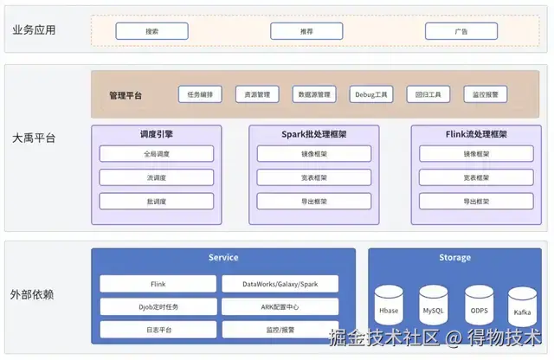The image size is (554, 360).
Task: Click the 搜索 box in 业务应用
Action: [151, 31]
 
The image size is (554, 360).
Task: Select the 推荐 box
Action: [306, 31]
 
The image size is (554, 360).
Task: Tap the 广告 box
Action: [461, 31]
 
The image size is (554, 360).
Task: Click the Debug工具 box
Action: [371, 94]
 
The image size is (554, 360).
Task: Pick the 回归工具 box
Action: [428, 94]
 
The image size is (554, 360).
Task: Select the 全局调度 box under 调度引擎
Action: [156, 154]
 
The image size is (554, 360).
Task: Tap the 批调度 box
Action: [156, 201]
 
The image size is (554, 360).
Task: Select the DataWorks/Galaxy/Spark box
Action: [280, 284]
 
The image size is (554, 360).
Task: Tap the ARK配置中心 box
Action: [280, 306]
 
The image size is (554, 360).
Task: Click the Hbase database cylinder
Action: [389, 306]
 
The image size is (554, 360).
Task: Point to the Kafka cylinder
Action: [522, 308]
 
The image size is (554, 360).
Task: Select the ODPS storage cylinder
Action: [478, 306]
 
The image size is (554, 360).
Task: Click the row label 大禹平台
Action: [34, 138]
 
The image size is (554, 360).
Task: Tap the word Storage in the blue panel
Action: [454, 258]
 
